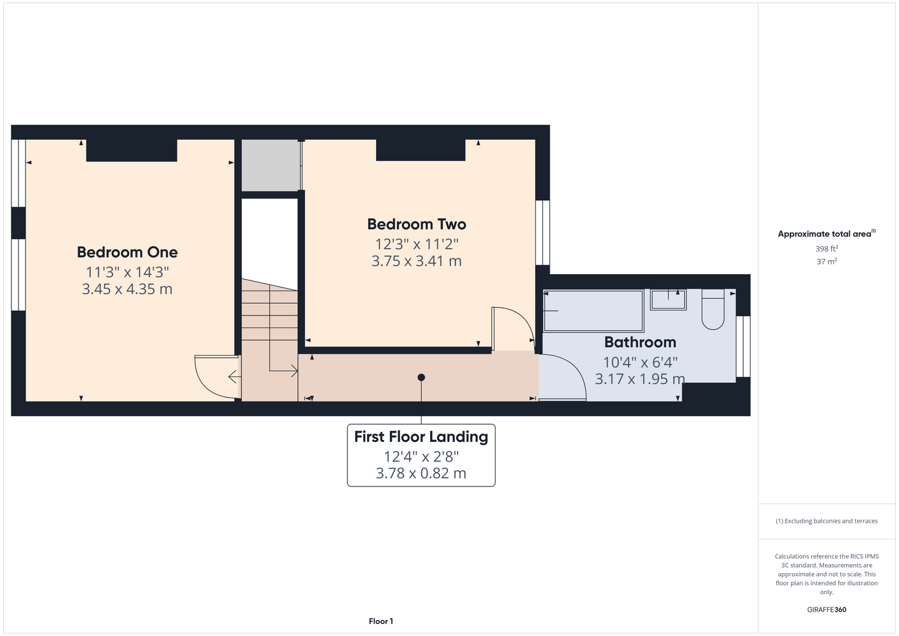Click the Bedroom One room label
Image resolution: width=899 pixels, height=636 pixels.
click(127, 252)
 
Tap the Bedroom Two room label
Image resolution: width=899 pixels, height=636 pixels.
click(417, 224)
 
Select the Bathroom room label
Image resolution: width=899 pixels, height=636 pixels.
click(640, 342)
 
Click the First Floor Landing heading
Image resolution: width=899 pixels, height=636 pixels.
click(421, 436)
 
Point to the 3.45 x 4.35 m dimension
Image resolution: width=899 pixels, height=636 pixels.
click(127, 289)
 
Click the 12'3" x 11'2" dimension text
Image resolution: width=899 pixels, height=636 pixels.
click(417, 244)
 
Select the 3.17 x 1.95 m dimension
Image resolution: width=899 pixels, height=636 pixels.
click(640, 379)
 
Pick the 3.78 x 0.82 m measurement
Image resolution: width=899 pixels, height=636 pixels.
click(421, 473)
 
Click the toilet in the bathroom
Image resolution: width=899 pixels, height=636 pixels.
click(713, 309)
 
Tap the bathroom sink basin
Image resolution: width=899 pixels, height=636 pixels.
click(668, 300)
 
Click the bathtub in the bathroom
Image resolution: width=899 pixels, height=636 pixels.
click(594, 311)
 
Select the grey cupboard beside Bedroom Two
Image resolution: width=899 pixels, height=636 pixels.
click(271, 165)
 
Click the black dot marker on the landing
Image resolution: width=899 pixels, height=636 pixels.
click(421, 377)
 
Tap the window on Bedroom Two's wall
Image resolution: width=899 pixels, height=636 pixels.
click(543, 233)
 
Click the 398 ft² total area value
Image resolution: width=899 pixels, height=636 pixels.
click(826, 249)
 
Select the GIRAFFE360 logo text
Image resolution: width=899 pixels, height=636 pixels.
click(826, 609)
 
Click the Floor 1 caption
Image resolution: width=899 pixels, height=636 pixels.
click(381, 621)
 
